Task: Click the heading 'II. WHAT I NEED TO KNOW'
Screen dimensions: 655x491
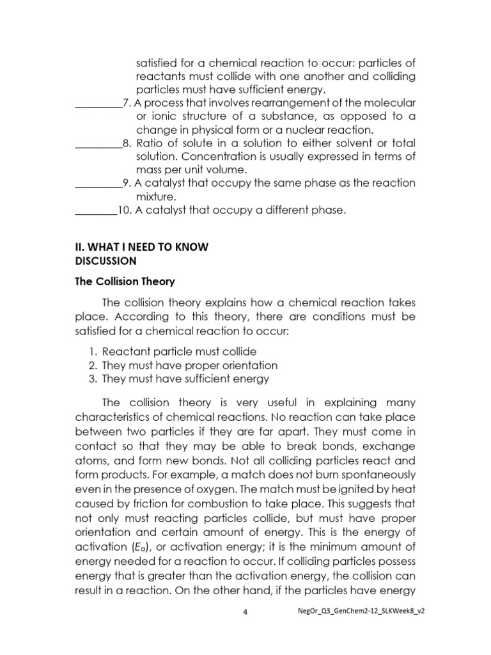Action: pyautogui.click(x=141, y=246)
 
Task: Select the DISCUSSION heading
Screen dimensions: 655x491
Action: pyautogui.click(x=105, y=261)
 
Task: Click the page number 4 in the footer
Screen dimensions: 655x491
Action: pyautogui.click(x=245, y=612)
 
